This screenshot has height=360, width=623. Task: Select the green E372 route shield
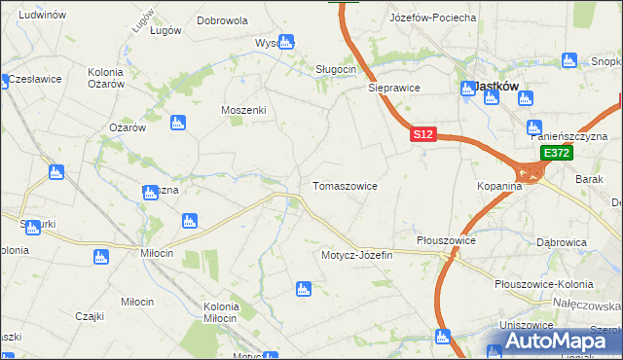[557, 154]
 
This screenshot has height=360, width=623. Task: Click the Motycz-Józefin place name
[356, 255]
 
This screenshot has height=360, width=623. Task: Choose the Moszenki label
[243, 110]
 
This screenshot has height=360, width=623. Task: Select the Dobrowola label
[222, 19]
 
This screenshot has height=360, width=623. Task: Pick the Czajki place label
[90, 315]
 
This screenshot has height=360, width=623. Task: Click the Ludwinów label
[42, 16]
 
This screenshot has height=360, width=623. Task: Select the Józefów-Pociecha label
[432, 18]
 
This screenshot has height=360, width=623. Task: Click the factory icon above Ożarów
[177, 123]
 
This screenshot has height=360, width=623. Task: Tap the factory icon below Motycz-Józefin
[303, 289]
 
